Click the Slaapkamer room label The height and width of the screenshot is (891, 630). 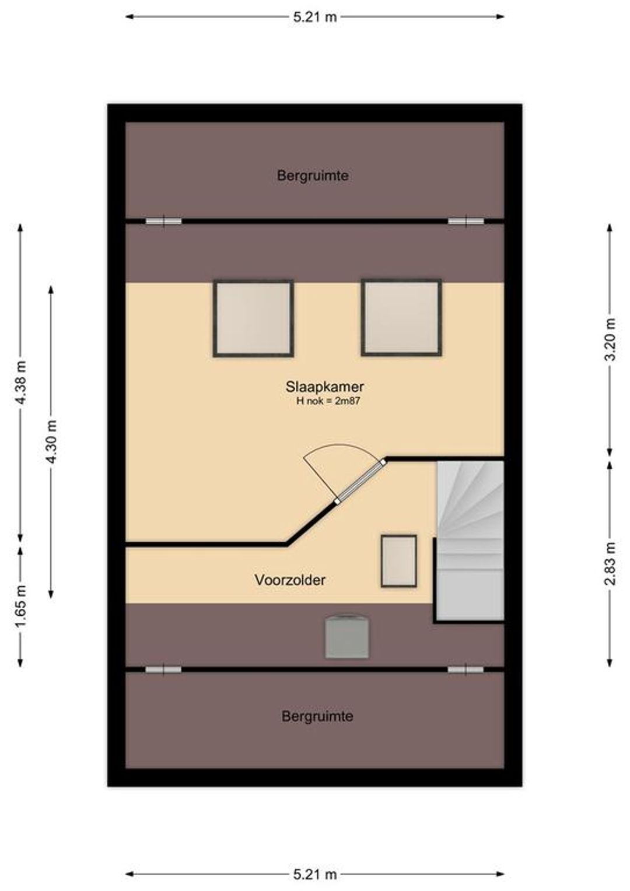[x=324, y=386]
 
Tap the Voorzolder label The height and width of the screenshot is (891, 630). [x=290, y=580]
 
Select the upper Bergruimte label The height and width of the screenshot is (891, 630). [x=313, y=176]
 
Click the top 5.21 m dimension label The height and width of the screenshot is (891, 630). [x=315, y=17]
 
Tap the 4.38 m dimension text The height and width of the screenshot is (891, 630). [x=20, y=383]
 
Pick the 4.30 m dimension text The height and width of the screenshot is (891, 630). [x=51, y=441]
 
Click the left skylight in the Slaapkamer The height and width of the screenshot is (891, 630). [x=253, y=318]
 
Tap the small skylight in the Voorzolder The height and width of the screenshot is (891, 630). [x=399, y=561]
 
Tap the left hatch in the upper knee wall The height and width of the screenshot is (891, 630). [x=163, y=221]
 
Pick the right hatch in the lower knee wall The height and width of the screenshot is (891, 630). [x=466, y=670]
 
